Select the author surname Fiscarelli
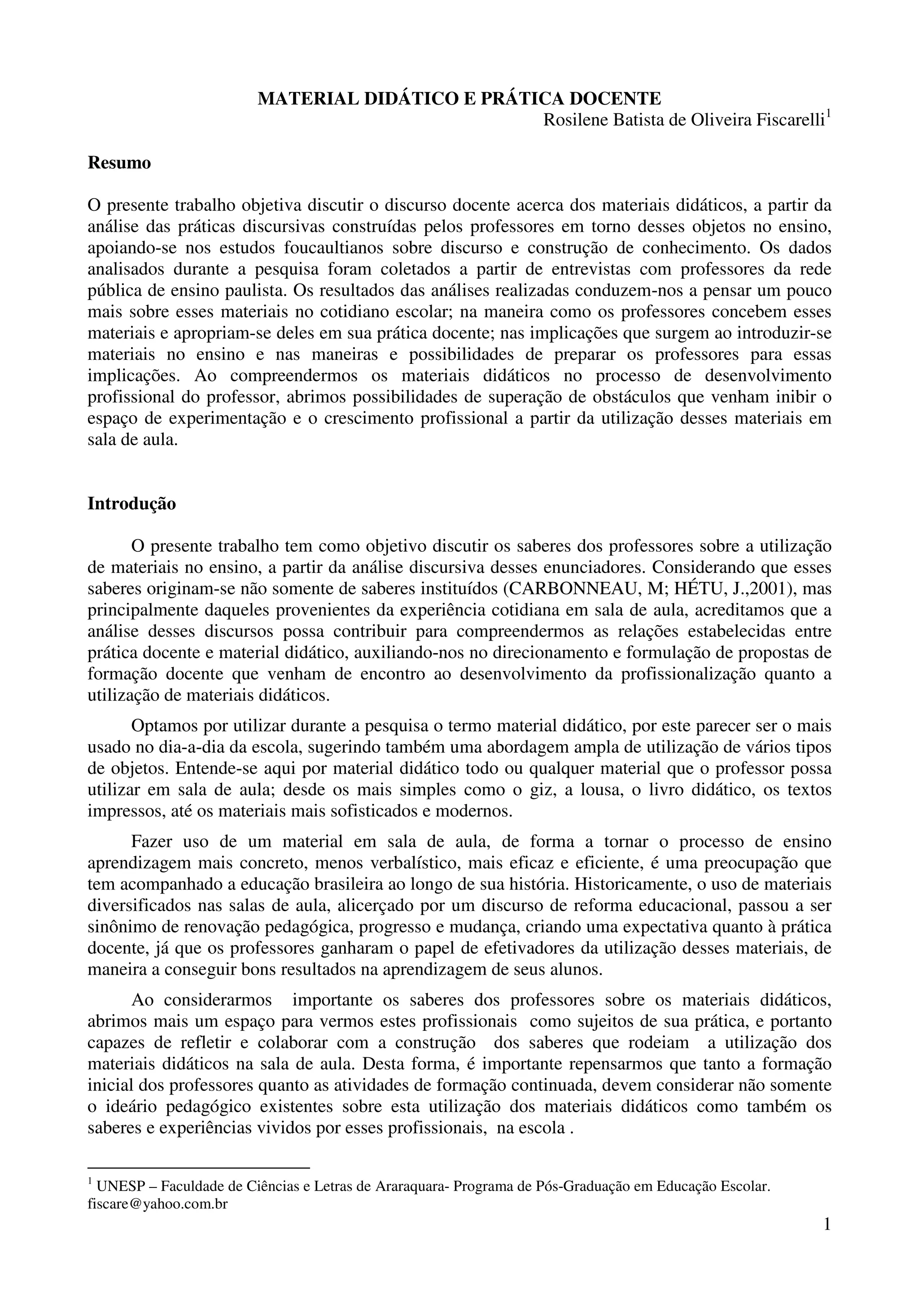click(789, 121)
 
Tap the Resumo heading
click(119, 163)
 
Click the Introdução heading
click(131, 504)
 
